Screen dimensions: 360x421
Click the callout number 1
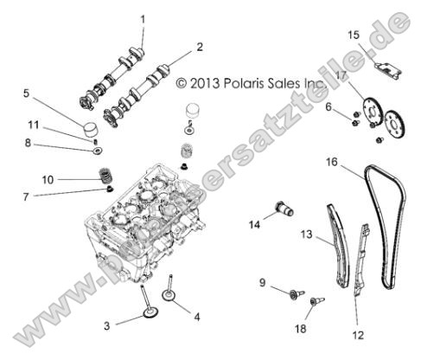(x=144, y=18)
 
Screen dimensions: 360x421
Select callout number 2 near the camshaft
(x=200, y=47)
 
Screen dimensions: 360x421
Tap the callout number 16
(x=331, y=162)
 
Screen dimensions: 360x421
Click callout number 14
(x=253, y=225)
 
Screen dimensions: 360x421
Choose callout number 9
(x=262, y=282)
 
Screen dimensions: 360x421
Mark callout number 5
(x=27, y=92)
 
